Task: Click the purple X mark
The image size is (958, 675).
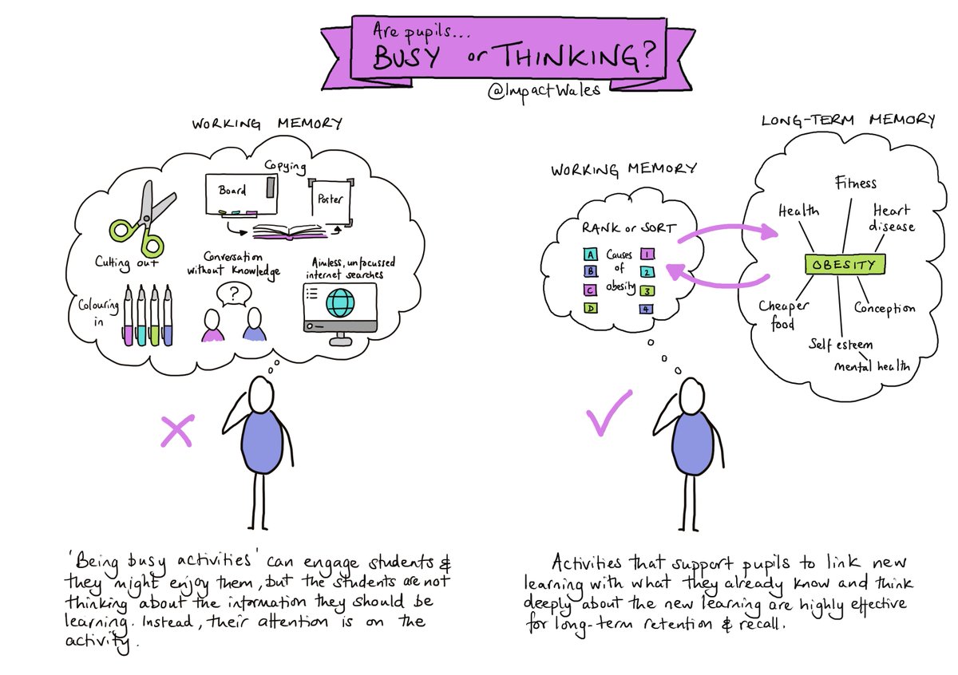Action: (x=177, y=432)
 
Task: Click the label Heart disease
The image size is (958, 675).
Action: (x=892, y=218)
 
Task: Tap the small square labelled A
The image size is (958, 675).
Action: (x=590, y=255)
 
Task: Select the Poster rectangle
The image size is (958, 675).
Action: (x=328, y=198)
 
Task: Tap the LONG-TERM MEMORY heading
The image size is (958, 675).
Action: (x=848, y=120)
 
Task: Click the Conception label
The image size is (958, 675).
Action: (x=885, y=308)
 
